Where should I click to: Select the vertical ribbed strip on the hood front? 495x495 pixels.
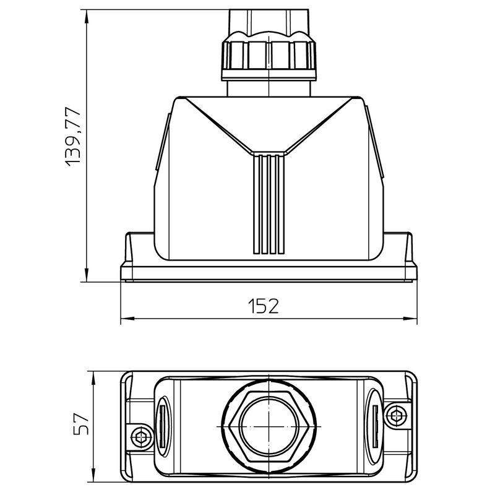(268, 204)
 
